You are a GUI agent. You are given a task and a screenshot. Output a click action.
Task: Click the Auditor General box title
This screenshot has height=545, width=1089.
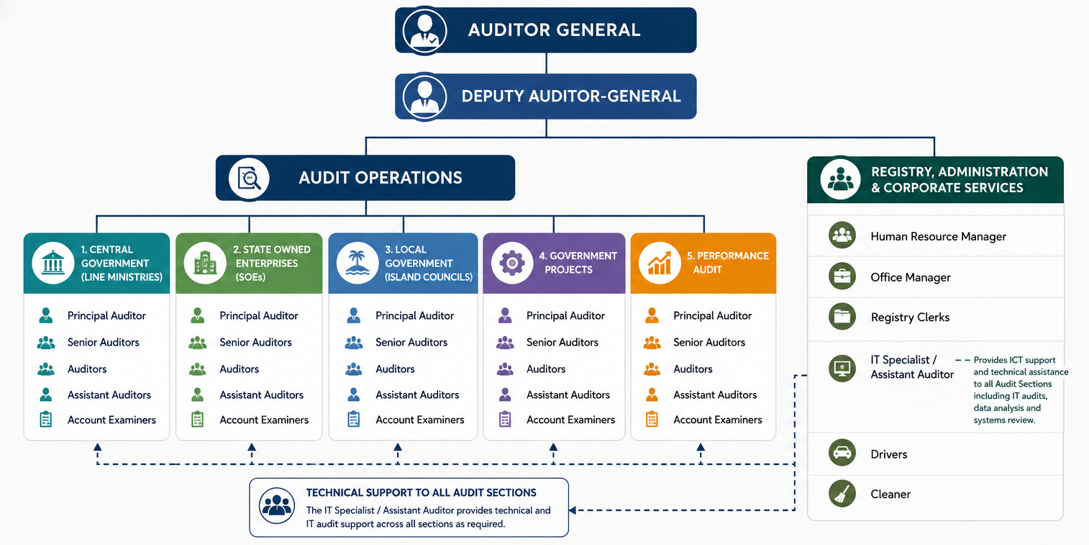click(x=554, y=30)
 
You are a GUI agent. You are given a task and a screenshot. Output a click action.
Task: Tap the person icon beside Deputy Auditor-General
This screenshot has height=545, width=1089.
click(x=425, y=96)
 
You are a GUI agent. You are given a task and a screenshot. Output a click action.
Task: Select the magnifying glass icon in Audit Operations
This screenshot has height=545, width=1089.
click(x=249, y=178)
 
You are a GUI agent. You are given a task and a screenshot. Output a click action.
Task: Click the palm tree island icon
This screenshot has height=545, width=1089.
click(x=357, y=263)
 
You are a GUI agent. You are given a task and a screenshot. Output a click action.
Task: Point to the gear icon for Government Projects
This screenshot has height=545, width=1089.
click(x=512, y=263)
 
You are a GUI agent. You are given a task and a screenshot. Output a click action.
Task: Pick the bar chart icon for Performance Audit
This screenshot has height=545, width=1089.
click(x=660, y=263)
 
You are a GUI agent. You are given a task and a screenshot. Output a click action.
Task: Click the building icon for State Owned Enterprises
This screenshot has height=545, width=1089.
click(x=205, y=263)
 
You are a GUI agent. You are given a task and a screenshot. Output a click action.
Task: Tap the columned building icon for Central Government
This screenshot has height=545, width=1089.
click(x=53, y=263)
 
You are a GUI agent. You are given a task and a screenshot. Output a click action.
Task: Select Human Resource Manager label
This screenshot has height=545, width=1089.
click(x=938, y=236)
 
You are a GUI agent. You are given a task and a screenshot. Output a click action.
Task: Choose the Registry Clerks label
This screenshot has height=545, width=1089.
click(x=910, y=317)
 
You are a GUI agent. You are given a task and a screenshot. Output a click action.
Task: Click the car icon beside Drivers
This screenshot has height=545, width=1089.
click(x=842, y=453)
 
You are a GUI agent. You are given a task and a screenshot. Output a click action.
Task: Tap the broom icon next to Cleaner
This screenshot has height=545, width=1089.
click(x=842, y=493)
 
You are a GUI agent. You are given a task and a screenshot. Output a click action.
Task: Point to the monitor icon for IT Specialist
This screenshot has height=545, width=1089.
click(x=842, y=368)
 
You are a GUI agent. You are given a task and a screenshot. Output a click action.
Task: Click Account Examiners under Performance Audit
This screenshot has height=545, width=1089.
click(x=718, y=420)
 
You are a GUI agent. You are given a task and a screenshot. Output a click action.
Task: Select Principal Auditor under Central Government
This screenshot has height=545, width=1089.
click(x=106, y=315)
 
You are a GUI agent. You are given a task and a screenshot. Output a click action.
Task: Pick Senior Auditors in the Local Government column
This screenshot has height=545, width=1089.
click(x=411, y=342)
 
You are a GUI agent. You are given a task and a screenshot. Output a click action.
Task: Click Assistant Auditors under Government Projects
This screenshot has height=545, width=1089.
click(x=568, y=395)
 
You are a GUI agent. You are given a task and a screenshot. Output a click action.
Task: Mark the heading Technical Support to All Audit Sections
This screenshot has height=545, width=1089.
click(x=421, y=492)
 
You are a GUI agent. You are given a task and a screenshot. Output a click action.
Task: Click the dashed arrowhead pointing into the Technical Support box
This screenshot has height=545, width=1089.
click(x=573, y=510)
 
